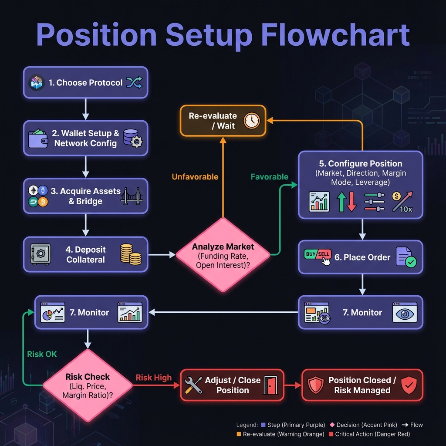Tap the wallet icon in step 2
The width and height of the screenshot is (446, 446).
pos(38,138)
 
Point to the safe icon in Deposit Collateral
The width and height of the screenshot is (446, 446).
pos(41,254)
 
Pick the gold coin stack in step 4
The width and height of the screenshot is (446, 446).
pos(130,254)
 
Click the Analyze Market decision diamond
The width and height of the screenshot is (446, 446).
pos(223,255)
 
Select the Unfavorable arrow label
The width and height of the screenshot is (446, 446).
pos(195,177)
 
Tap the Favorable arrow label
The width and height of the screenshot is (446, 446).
pos(269,177)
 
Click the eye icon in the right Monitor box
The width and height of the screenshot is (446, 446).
pos(405,312)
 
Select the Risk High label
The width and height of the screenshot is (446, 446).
pos(153,378)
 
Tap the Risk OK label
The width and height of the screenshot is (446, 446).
pos(42,354)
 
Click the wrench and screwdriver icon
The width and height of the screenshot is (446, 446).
pos(193,385)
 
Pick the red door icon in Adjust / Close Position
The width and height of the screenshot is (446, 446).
pos(271,385)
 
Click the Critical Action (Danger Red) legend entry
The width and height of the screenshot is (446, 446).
pos(370,434)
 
